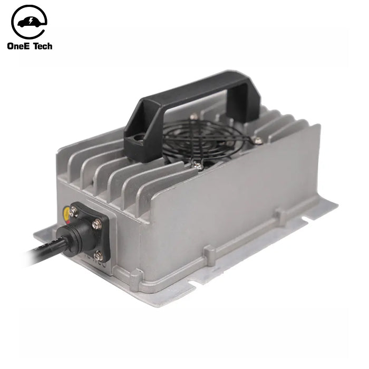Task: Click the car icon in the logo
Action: pyautogui.click(x=29, y=22)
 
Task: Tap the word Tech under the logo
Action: pyautogui.click(x=44, y=46)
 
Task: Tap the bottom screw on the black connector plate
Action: pyautogui.click(x=98, y=256)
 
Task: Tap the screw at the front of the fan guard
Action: pyautogui.click(x=197, y=166)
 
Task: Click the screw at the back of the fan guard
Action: pyautogui.click(x=195, y=117)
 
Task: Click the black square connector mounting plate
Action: pyautogui.click(x=90, y=232)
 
